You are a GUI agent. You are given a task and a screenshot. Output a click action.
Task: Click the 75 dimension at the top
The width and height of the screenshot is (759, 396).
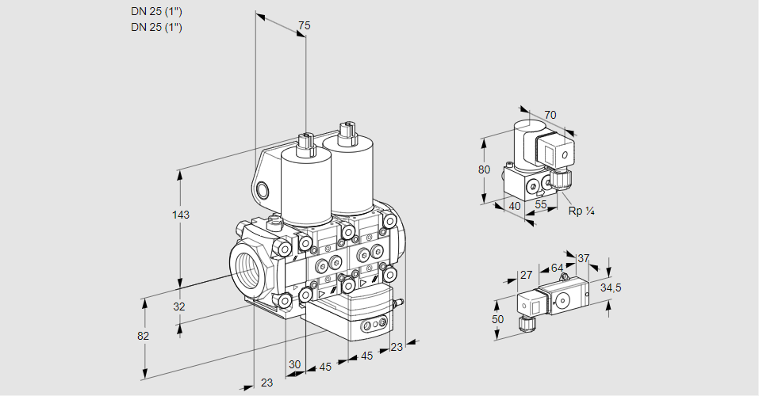click(x=304, y=26)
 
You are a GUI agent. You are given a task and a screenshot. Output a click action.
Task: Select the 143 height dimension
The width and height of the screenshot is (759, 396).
click(x=182, y=215)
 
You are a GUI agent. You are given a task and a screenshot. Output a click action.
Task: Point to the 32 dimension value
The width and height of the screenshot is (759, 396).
click(x=178, y=307)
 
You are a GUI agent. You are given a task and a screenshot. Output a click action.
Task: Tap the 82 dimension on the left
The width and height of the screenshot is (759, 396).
click(x=143, y=336)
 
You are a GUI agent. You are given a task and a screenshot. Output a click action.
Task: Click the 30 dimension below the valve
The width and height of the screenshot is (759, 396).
click(x=295, y=365)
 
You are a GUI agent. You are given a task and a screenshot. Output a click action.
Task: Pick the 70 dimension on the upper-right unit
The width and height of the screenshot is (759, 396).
click(x=550, y=115)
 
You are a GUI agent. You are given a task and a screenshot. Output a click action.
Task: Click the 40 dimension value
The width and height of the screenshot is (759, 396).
click(x=514, y=206)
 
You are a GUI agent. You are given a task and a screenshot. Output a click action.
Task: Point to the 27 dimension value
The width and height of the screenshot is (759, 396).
click(x=526, y=276)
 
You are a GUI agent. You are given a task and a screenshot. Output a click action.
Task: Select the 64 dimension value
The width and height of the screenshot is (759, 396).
click(x=557, y=268)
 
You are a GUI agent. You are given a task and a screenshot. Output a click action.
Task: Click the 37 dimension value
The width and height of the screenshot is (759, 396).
click(x=583, y=258)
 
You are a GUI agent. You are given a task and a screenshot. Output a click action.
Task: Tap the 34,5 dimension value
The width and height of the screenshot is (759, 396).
click(x=610, y=287)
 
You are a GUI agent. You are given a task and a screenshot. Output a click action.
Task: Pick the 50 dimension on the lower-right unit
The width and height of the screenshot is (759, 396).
click(x=497, y=318)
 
